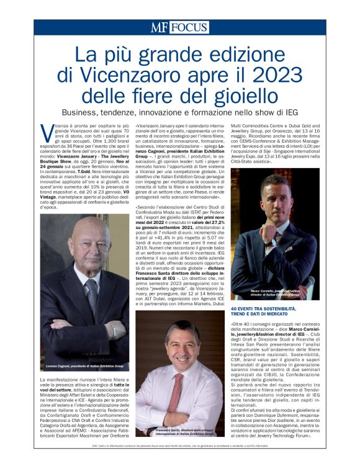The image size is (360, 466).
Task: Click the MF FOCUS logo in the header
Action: pos(179,27)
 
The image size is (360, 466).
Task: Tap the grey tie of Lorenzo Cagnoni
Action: pos(92,298)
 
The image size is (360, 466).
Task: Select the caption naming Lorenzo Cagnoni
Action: pos(80,367)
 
